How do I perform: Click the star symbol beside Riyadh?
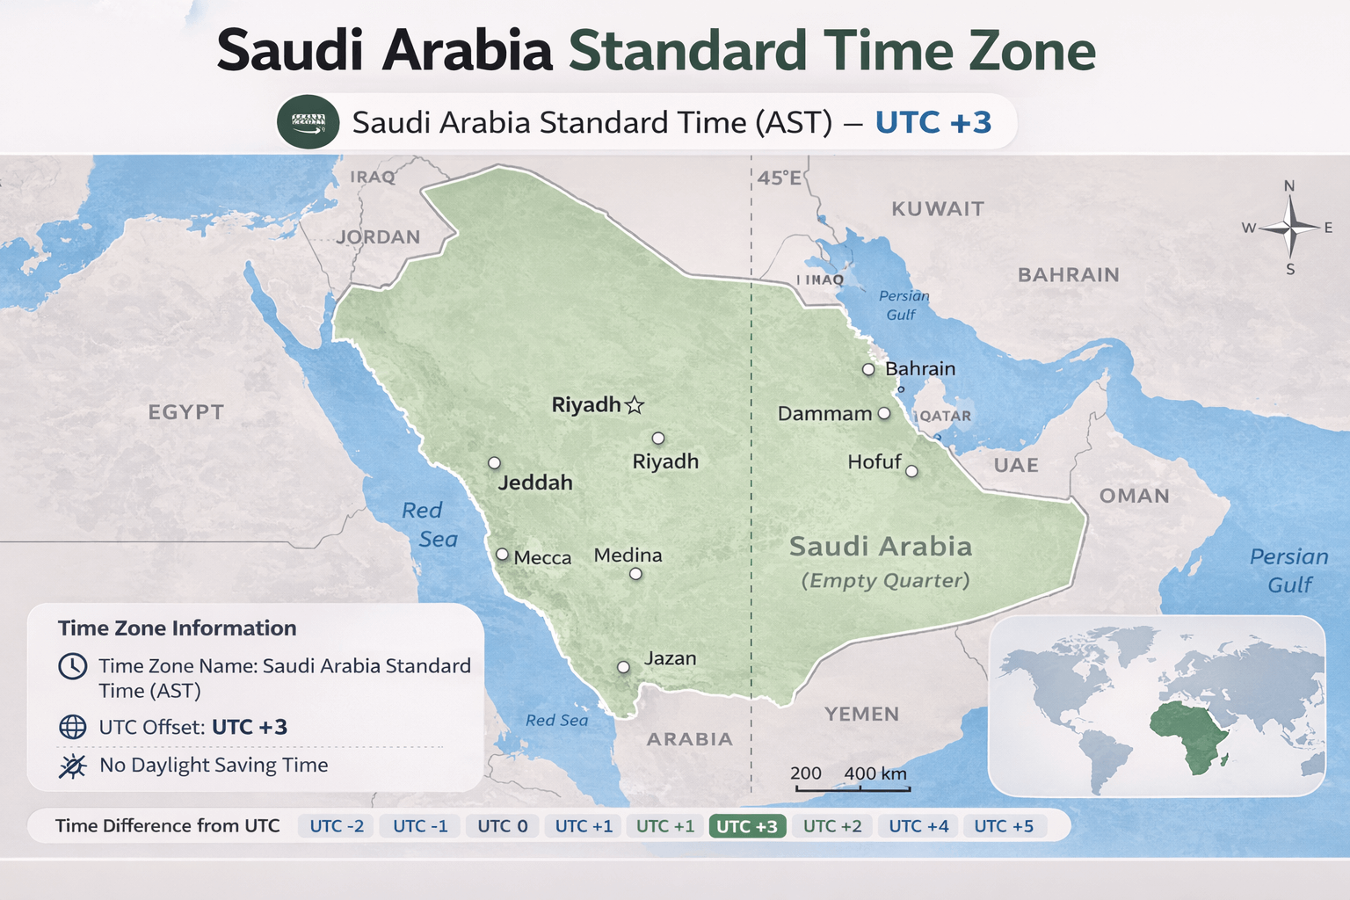pyautogui.click(x=635, y=405)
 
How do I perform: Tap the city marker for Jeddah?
pyautogui.click(x=495, y=462)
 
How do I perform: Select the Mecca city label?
pyautogui.click(x=542, y=558)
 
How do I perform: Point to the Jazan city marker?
pyautogui.click(x=623, y=667)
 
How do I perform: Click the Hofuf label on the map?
pyautogui.click(x=874, y=462)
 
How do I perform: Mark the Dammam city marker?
pyautogui.click(x=884, y=413)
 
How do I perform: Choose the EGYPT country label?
pyautogui.click(x=185, y=412)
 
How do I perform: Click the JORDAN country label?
pyautogui.click(x=378, y=237)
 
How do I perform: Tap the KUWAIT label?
pyautogui.click(x=938, y=209)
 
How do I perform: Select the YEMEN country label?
pyautogui.click(x=861, y=714)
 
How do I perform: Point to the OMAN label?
pyautogui.click(x=1134, y=496)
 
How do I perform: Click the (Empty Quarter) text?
pyautogui.click(x=885, y=581)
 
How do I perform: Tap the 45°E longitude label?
pyautogui.click(x=780, y=178)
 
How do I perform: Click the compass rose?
pyautogui.click(x=1289, y=228)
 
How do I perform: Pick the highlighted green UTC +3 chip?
pyautogui.click(x=746, y=826)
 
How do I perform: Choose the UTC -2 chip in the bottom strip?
pyautogui.click(x=337, y=826)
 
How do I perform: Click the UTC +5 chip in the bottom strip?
pyautogui.click(x=1004, y=826)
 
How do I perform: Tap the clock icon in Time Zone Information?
pyautogui.click(x=72, y=666)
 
